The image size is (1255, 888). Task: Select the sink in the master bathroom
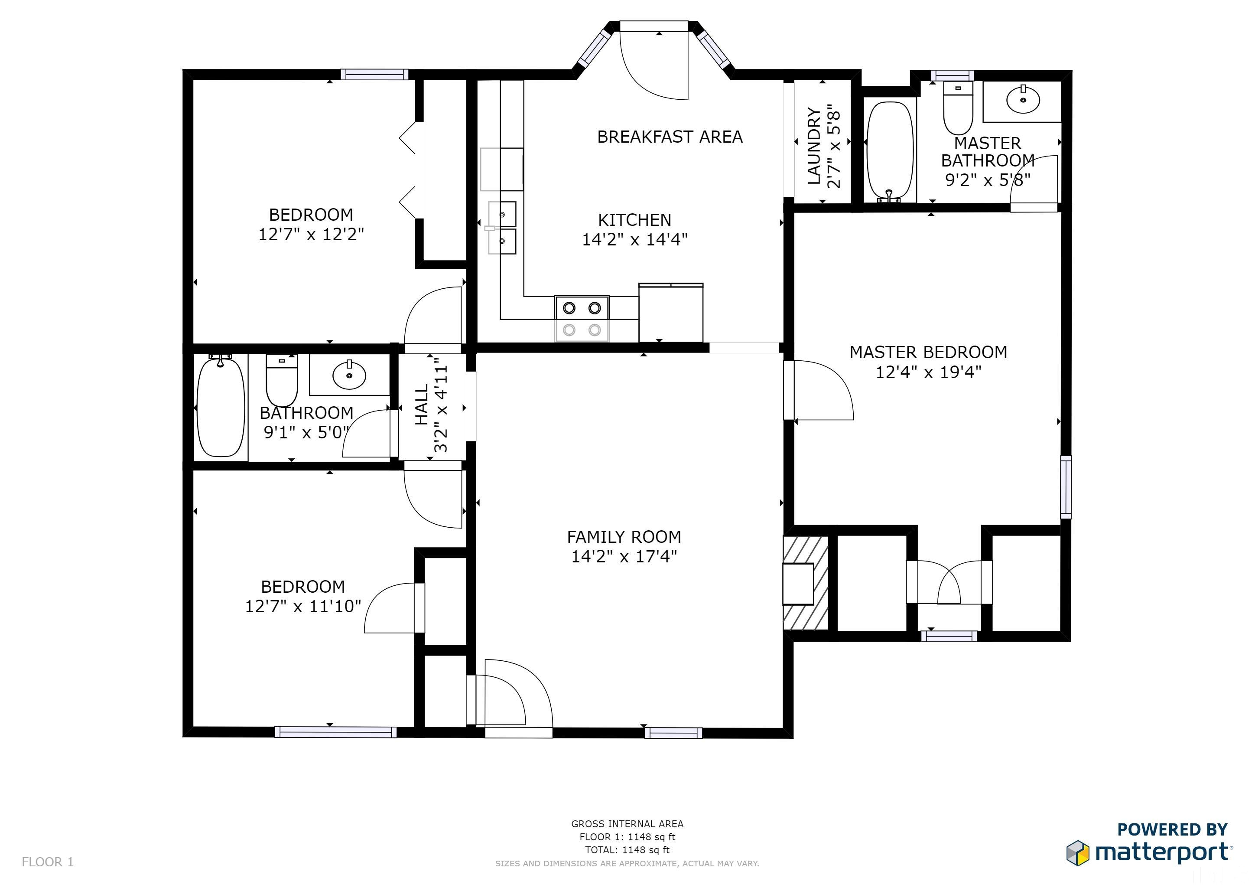coord(1023,100)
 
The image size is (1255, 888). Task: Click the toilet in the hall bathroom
coord(282,380)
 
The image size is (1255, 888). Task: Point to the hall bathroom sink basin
coord(349,374)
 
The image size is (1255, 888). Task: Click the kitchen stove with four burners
coord(582,319)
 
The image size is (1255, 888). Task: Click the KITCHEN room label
coord(634,220)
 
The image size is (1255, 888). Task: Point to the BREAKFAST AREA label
coord(670,137)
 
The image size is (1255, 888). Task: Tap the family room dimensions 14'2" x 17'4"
coord(624,557)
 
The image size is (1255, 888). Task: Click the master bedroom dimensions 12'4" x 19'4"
coord(929,372)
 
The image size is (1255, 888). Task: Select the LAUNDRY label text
coord(814,146)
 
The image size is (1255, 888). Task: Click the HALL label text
coord(421,405)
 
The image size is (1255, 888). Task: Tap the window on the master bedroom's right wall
coord(1066,486)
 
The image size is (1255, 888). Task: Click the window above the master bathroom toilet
coord(952,75)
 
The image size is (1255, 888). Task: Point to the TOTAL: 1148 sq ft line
coord(627,850)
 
